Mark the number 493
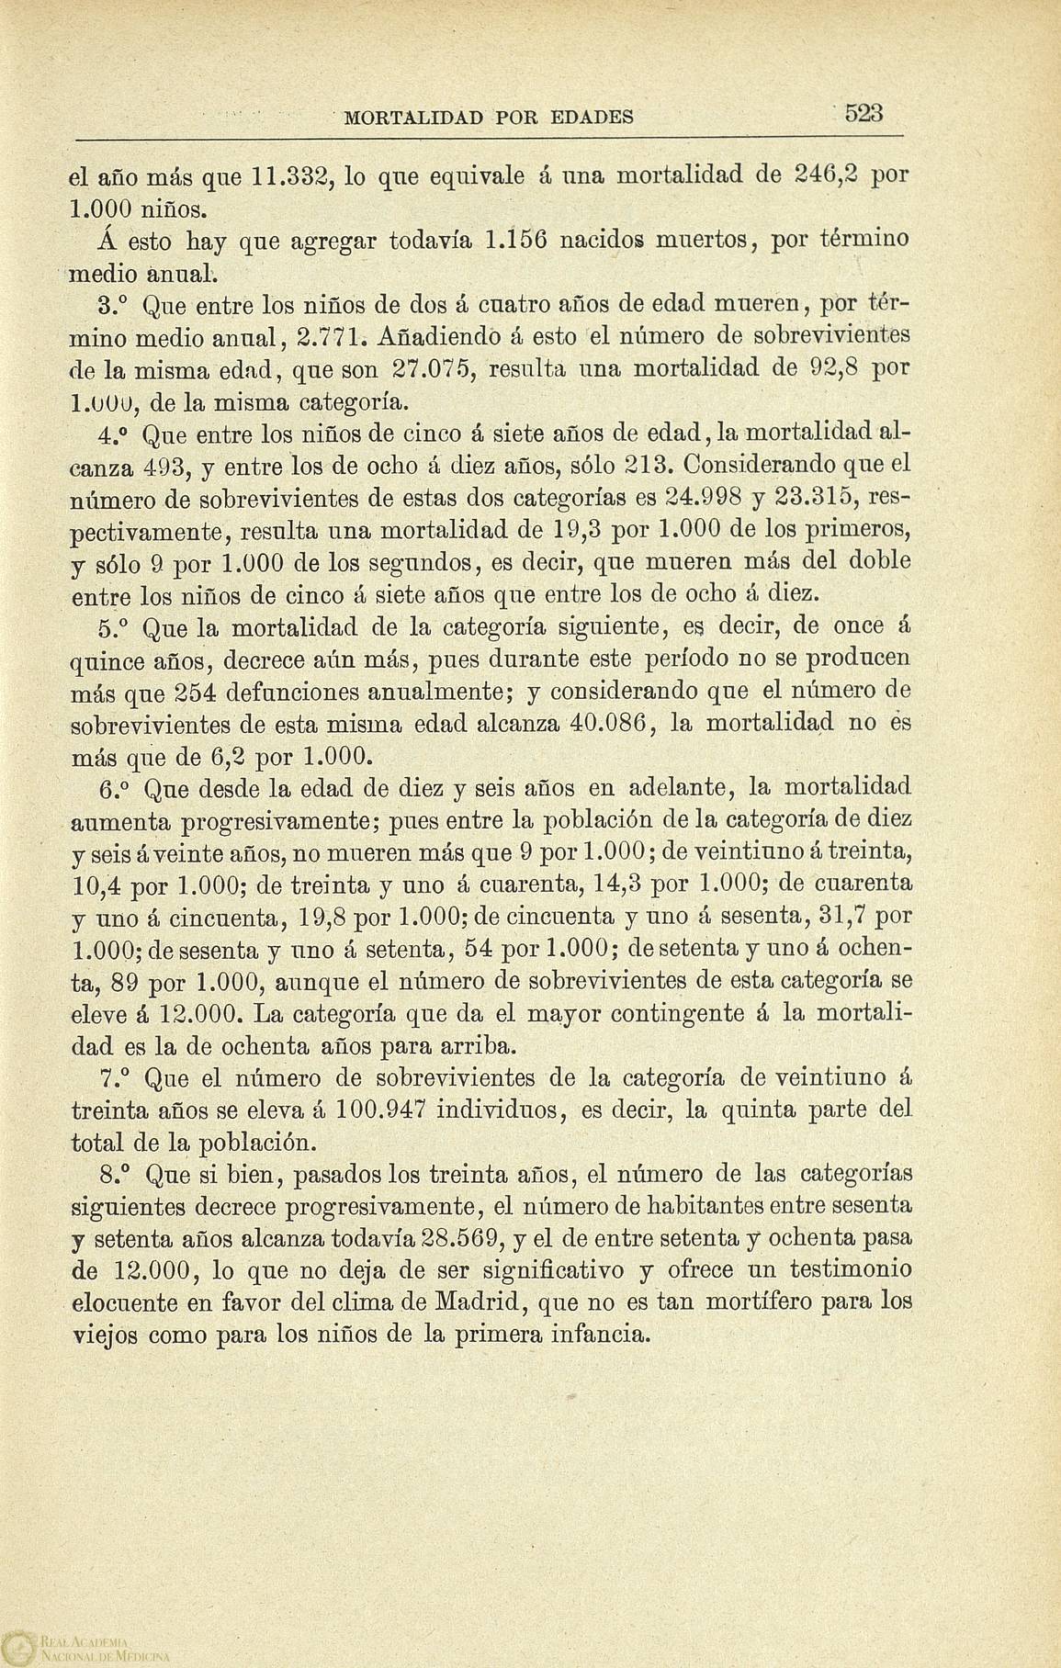168,466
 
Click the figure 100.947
374,1110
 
